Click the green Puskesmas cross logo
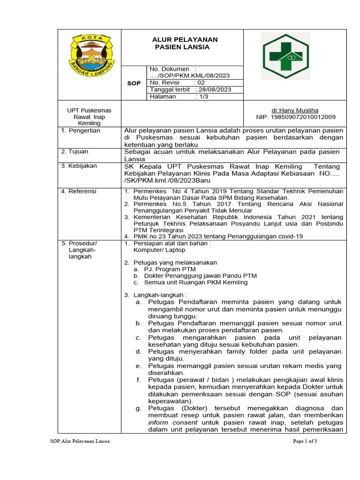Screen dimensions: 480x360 (x=285, y=56)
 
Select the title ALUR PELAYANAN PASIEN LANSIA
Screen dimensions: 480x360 (x=182, y=43)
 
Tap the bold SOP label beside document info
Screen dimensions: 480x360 (x=134, y=83)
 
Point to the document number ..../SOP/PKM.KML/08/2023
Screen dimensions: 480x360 (x=189, y=75)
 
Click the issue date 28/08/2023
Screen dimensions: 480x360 (x=215, y=90)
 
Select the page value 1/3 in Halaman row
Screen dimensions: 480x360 (x=202, y=97)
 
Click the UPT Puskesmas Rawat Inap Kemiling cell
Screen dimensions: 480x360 (x=89, y=117)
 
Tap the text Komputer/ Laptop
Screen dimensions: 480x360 (x=159, y=250)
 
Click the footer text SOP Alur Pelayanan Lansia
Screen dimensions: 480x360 (x=80, y=441)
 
